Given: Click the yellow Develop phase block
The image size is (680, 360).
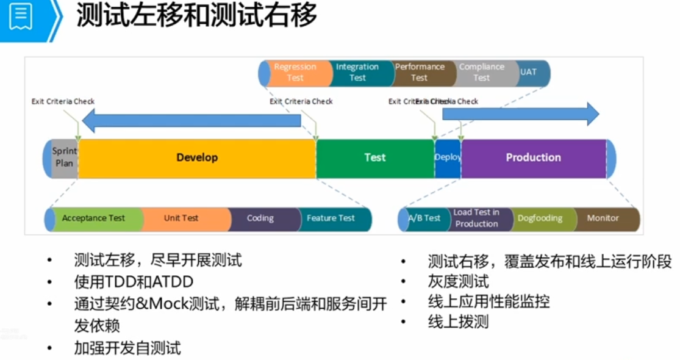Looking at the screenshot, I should click(197, 158).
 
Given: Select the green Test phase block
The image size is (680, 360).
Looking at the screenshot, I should click(374, 158).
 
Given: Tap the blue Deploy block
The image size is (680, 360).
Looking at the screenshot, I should click(448, 158).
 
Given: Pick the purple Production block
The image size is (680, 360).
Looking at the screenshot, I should click(533, 158).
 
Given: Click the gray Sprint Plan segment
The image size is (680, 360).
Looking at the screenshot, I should click(64, 158).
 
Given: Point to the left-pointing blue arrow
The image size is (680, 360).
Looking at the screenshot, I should click(191, 120).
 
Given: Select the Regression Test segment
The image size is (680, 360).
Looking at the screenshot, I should click(295, 73).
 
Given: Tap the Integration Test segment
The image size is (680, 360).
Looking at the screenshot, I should click(357, 73).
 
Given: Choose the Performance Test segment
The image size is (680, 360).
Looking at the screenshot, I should click(420, 73).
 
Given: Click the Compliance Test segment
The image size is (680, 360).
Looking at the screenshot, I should click(482, 73).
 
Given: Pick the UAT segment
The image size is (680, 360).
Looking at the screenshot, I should click(529, 73).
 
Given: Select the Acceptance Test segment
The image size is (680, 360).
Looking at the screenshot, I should click(94, 219).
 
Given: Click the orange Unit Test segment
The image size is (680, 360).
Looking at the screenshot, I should click(181, 219).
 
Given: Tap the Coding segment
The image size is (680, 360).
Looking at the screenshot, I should click(260, 219).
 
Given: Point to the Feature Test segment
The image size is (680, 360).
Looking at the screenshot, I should click(331, 219).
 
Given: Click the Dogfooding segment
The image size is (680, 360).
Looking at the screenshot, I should click(540, 219).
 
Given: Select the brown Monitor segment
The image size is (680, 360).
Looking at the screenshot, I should click(603, 219).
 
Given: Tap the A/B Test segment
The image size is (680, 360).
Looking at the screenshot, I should click(424, 219).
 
